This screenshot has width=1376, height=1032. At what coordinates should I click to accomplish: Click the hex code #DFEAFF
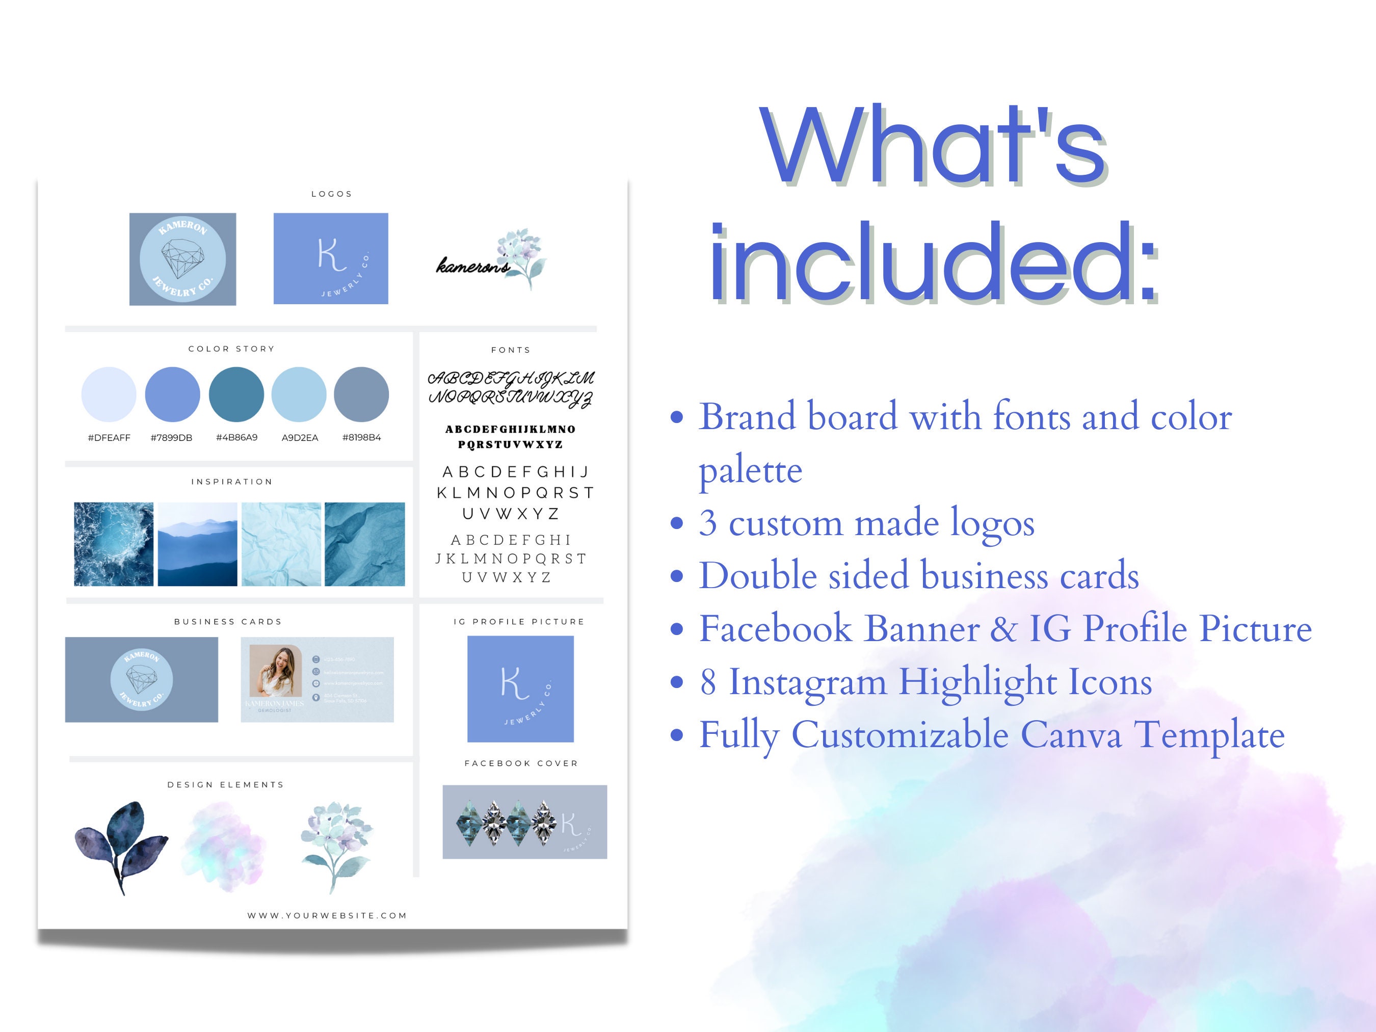click(109, 437)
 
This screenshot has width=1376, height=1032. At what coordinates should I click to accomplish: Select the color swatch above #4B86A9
click(236, 394)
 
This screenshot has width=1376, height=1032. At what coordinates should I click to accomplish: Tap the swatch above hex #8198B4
click(361, 394)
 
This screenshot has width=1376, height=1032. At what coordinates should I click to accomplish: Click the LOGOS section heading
click(332, 194)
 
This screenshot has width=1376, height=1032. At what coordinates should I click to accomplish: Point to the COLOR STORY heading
click(231, 349)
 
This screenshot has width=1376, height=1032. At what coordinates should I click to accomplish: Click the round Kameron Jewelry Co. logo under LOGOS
click(183, 259)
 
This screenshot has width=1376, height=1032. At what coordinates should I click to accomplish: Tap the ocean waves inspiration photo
click(114, 544)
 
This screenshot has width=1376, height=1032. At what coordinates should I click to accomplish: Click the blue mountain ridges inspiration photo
click(197, 544)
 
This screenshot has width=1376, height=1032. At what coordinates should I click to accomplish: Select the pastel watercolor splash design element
click(224, 846)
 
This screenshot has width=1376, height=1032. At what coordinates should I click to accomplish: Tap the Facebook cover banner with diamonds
click(524, 822)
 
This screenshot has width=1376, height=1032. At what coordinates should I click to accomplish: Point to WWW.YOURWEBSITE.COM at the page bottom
click(327, 916)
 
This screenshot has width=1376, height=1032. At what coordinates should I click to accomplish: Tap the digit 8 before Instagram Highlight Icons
click(708, 682)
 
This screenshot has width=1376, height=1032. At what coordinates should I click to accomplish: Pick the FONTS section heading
click(511, 350)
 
